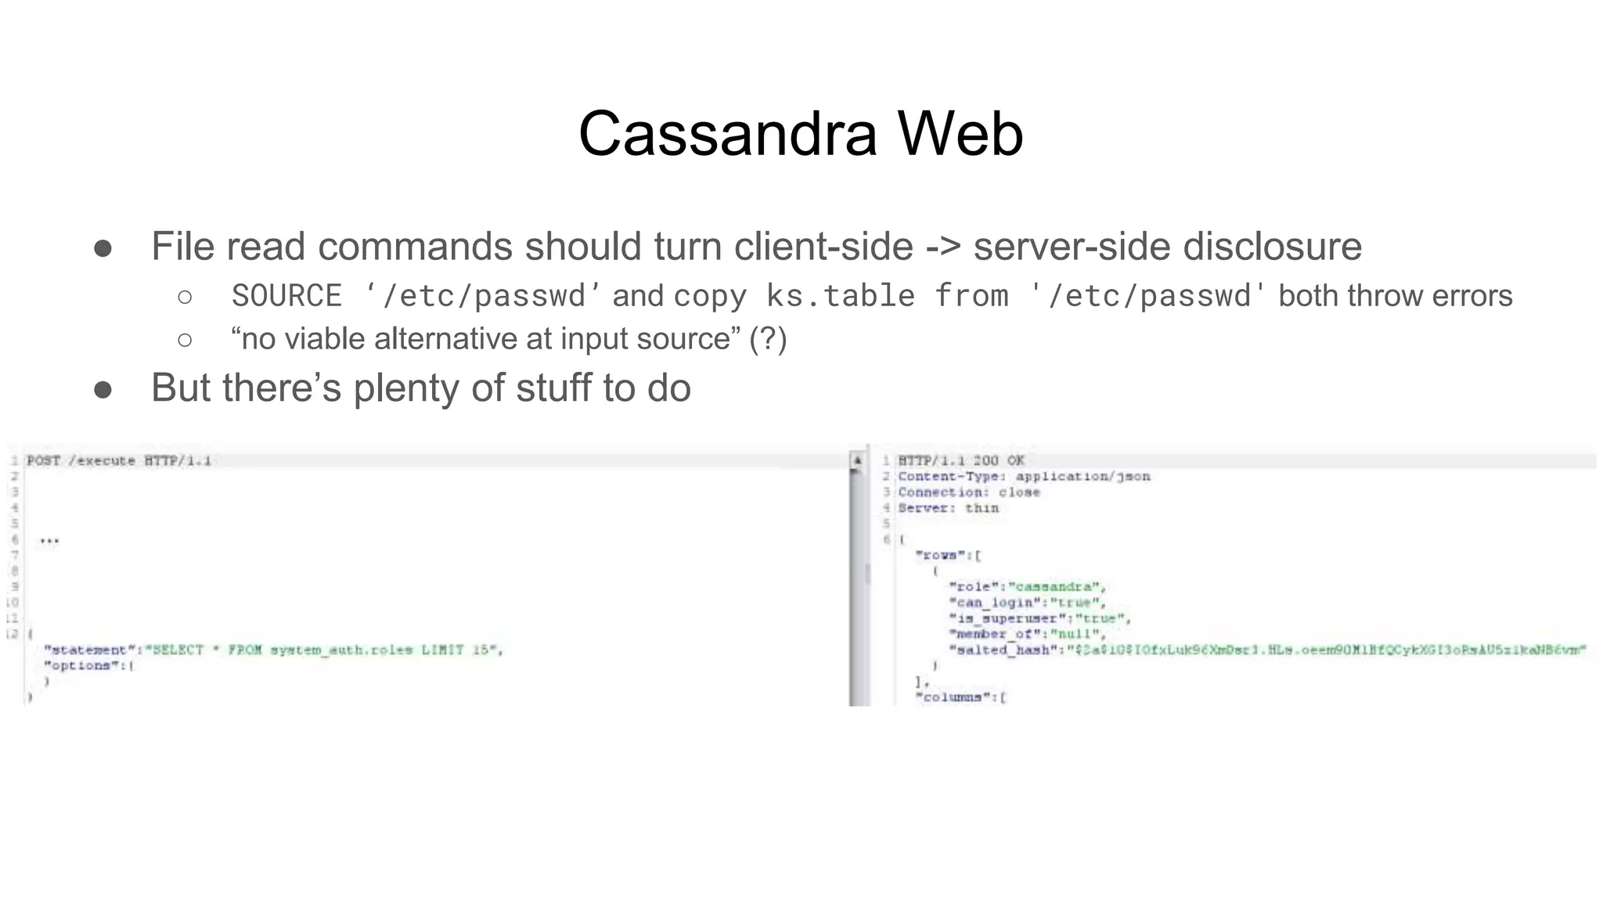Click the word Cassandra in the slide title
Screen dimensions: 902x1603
coord(728,134)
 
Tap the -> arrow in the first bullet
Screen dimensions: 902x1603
coord(942,247)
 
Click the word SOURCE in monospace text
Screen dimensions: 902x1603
coord(286,296)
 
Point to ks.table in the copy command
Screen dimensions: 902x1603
coord(840,296)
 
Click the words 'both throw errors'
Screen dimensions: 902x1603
coord(1395,296)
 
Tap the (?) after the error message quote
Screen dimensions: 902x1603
coord(767,339)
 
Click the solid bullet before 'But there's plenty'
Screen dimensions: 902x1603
coord(103,389)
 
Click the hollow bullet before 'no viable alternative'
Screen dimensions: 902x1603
coord(185,340)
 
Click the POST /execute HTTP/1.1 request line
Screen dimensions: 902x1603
coord(119,460)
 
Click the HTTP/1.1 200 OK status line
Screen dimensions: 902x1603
coord(960,460)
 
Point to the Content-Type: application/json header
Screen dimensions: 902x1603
coord(1024,476)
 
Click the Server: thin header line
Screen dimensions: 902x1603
coord(948,508)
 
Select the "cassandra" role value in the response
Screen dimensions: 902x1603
coord(1056,587)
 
